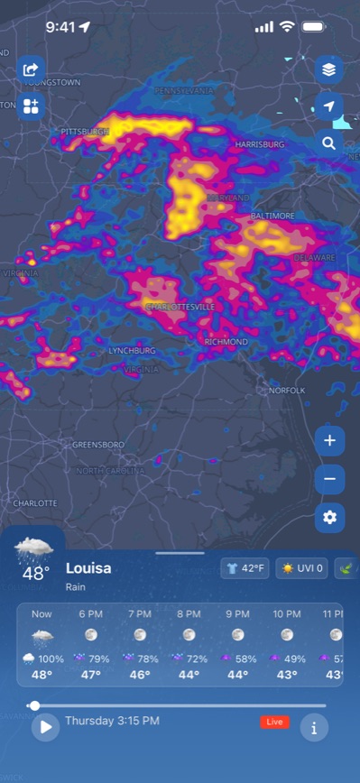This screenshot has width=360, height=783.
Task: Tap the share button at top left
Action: tap(31, 69)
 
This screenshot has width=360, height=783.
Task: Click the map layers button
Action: tap(329, 69)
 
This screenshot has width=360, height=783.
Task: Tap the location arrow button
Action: tap(329, 106)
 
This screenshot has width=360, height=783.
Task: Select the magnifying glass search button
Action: tap(329, 143)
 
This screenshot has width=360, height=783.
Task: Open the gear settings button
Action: tap(329, 517)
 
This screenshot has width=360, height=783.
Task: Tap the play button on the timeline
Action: tap(45, 726)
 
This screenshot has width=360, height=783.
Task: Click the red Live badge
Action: tap(274, 722)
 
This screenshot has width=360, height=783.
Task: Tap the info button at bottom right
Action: tap(314, 726)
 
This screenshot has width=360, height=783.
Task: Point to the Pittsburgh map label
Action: tap(86, 132)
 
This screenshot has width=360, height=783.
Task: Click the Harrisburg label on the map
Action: tap(260, 144)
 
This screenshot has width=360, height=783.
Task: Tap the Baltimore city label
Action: tap(272, 216)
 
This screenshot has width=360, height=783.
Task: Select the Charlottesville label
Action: tap(180, 307)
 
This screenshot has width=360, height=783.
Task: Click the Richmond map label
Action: tap(226, 343)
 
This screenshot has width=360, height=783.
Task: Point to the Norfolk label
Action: tap(287, 390)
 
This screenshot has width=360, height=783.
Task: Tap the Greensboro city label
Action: tap(98, 445)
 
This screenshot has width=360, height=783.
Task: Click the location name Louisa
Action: tap(88, 568)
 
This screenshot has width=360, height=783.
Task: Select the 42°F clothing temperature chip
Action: tap(245, 568)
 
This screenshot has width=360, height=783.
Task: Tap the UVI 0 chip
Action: tap(301, 568)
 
